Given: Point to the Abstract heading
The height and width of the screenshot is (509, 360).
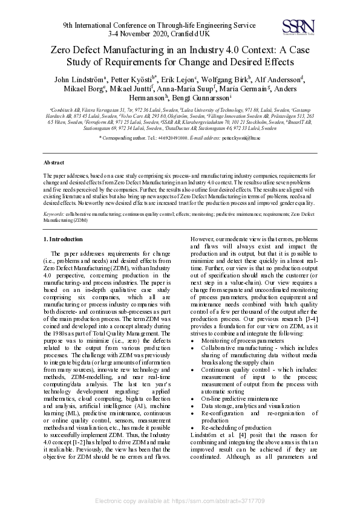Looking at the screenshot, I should pyautogui.click(x=54, y=163).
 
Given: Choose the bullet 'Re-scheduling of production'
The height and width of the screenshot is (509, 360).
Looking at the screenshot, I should pyautogui.click(x=235, y=427).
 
